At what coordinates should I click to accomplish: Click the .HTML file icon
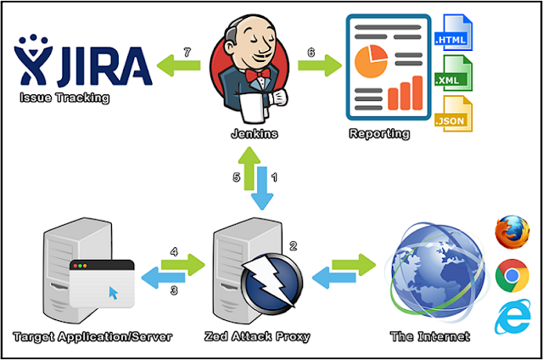453,32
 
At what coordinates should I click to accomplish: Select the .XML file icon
453,73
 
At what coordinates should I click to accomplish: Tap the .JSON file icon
453,114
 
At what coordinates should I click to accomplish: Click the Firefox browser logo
512,232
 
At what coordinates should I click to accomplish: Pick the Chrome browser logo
512,275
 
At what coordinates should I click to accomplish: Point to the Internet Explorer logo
512,317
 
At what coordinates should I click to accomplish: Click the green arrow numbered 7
179,65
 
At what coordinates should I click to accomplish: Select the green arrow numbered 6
320,65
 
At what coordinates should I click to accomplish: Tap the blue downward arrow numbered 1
262,188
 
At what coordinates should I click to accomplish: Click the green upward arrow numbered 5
249,168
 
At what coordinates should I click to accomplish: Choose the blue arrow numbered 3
163,278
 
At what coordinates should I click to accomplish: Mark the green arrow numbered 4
183,265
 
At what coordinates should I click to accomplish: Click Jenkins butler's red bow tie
258,75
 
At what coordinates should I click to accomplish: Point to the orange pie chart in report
371,61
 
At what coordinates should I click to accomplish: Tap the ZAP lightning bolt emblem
271,281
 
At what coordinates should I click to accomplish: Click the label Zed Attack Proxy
257,336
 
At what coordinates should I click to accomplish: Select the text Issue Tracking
64,98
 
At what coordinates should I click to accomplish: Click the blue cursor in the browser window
113,293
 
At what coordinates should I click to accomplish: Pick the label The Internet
430,336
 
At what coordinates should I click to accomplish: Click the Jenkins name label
255,134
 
